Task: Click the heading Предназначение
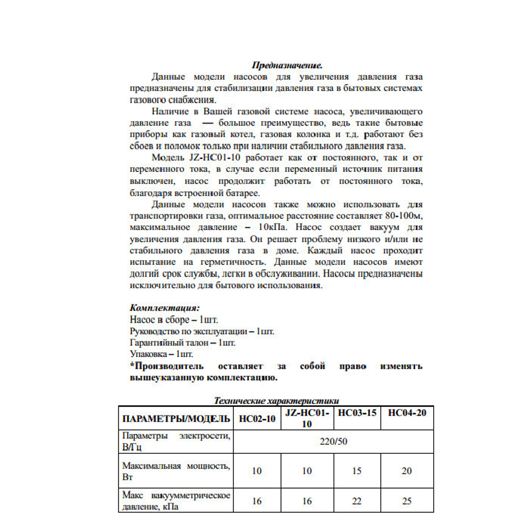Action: pyautogui.click(x=287, y=66)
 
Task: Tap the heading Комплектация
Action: pyautogui.click(x=165, y=307)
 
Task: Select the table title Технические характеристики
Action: pyautogui.click(x=276, y=400)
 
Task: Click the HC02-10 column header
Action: pyautogui.click(x=257, y=419)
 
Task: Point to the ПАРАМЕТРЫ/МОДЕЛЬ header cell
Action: pyautogui.click(x=176, y=419)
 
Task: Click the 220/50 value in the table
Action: pyautogui.click(x=333, y=441)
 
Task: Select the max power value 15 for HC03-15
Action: pyautogui.click(x=357, y=471)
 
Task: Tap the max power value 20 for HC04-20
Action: pyautogui.click(x=407, y=471)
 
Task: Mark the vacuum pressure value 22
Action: pyautogui.click(x=357, y=501)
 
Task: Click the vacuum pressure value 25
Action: pyautogui.click(x=407, y=501)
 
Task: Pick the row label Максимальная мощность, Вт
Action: pyautogui.click(x=176, y=471)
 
